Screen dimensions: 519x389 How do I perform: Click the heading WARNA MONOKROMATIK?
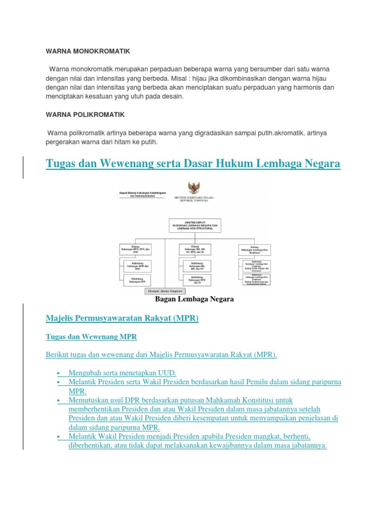click(88, 51)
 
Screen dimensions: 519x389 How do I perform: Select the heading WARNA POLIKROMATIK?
click(85, 115)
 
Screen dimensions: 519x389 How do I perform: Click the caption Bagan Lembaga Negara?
click(194, 300)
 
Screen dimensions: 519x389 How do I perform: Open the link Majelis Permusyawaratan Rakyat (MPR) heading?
click(122, 318)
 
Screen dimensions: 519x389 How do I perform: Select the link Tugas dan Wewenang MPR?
click(91, 337)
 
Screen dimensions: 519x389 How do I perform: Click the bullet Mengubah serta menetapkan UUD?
click(122, 373)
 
